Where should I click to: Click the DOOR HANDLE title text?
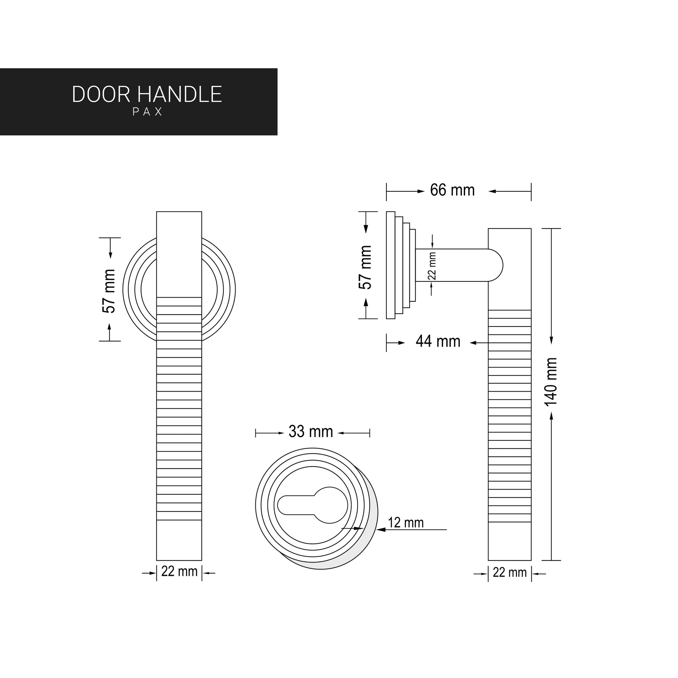coord(147,94)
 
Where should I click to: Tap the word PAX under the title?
coord(148,111)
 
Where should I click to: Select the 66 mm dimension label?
coord(452,190)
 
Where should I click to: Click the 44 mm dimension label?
coord(438,341)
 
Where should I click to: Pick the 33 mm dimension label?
coord(310,431)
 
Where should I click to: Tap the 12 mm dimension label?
coord(406,523)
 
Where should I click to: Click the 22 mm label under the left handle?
coord(179,572)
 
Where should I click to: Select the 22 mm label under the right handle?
coord(510,572)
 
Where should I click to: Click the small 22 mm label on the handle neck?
coord(432,265)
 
